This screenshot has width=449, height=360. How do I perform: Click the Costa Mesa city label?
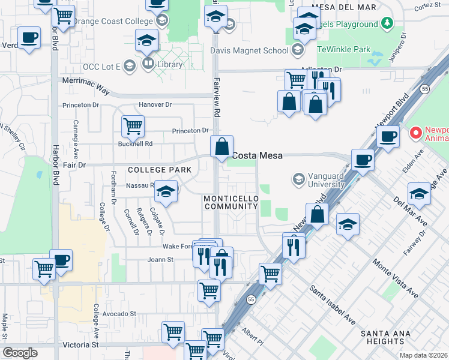(x=258, y=155)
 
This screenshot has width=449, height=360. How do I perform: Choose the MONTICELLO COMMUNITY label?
(x=231, y=202)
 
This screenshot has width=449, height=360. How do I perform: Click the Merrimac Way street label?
(x=86, y=86)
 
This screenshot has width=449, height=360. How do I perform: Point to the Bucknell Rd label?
(x=136, y=144)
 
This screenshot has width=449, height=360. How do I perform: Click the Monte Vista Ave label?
(x=394, y=278)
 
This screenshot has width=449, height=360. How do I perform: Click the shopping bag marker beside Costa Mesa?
(x=221, y=146)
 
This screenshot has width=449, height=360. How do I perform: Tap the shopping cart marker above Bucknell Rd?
(x=133, y=126)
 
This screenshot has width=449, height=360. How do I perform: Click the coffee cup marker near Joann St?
(x=61, y=260)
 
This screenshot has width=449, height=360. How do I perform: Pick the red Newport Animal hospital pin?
(x=414, y=131)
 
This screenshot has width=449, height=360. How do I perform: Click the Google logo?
(x=20, y=353)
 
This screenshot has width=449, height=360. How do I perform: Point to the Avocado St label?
(x=120, y=314)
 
